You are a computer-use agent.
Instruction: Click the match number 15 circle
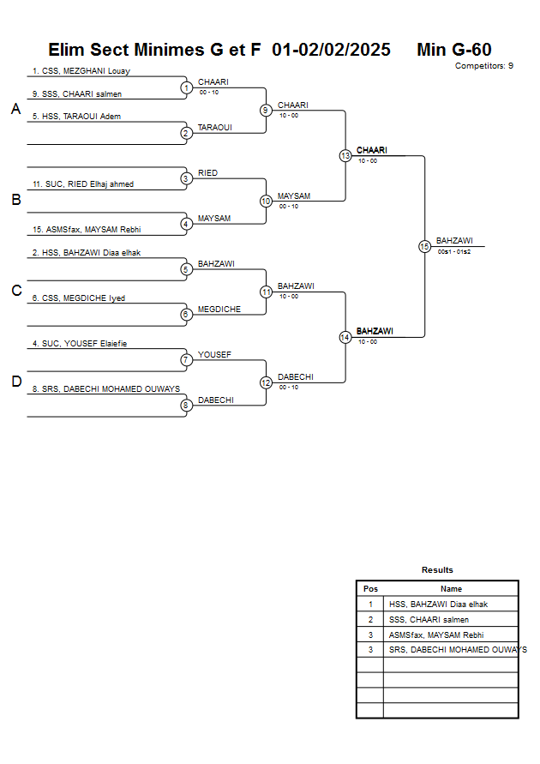pos(424,246)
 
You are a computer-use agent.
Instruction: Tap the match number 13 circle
pos(345,156)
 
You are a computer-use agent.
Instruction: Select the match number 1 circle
pos(186,87)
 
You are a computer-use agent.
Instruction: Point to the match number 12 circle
pos(266,382)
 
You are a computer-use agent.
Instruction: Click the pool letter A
pos(15,109)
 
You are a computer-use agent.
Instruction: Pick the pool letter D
pos(15,382)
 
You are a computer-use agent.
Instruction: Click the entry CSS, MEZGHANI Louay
pos(81,71)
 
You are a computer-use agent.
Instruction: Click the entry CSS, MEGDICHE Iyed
pos(78,298)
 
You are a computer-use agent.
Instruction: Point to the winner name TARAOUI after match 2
pos(215,127)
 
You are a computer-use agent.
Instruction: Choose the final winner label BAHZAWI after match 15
pos(454,240)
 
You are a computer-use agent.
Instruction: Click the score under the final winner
pos(454,251)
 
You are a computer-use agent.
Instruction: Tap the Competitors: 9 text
pos(484,66)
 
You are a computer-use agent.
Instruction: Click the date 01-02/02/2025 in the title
pos(331,50)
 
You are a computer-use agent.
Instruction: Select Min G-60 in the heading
pos(453,50)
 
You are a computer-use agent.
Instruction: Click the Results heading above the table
pos(437,569)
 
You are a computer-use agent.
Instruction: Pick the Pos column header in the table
pos(370,589)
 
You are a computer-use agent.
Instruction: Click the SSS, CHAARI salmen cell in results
pos(429,619)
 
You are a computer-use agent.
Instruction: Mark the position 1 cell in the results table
pos(370,604)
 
